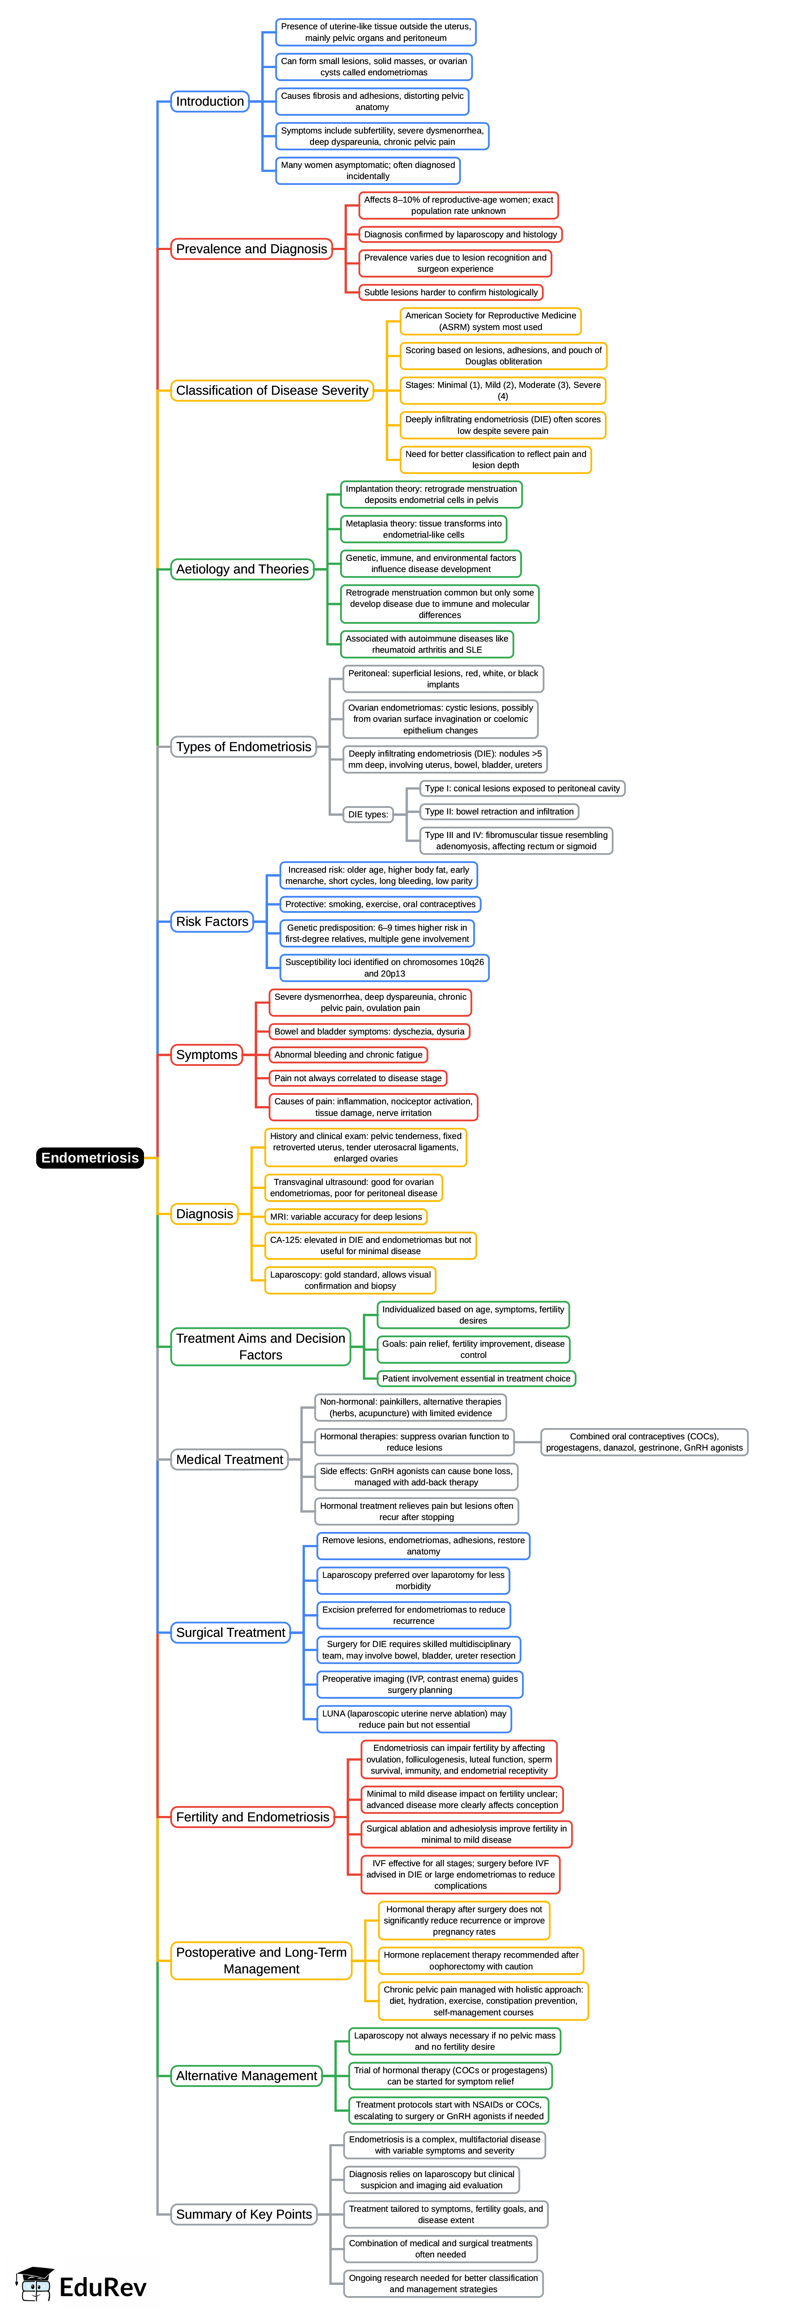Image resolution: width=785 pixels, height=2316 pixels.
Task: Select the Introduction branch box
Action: tap(209, 102)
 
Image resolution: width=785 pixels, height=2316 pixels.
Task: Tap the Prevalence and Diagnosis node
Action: tap(252, 249)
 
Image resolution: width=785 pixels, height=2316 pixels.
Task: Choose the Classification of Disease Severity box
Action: tap(272, 390)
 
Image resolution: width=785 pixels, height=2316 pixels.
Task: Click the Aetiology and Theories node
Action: tap(242, 569)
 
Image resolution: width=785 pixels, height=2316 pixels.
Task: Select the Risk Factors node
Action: tap(212, 922)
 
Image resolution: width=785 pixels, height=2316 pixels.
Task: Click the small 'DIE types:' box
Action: tap(368, 814)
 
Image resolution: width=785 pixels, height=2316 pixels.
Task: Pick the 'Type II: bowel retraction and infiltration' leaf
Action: tap(499, 812)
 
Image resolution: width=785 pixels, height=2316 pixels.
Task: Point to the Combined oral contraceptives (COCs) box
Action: tap(644, 1442)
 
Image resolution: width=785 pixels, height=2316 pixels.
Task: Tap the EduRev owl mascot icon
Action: tap(34, 2284)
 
